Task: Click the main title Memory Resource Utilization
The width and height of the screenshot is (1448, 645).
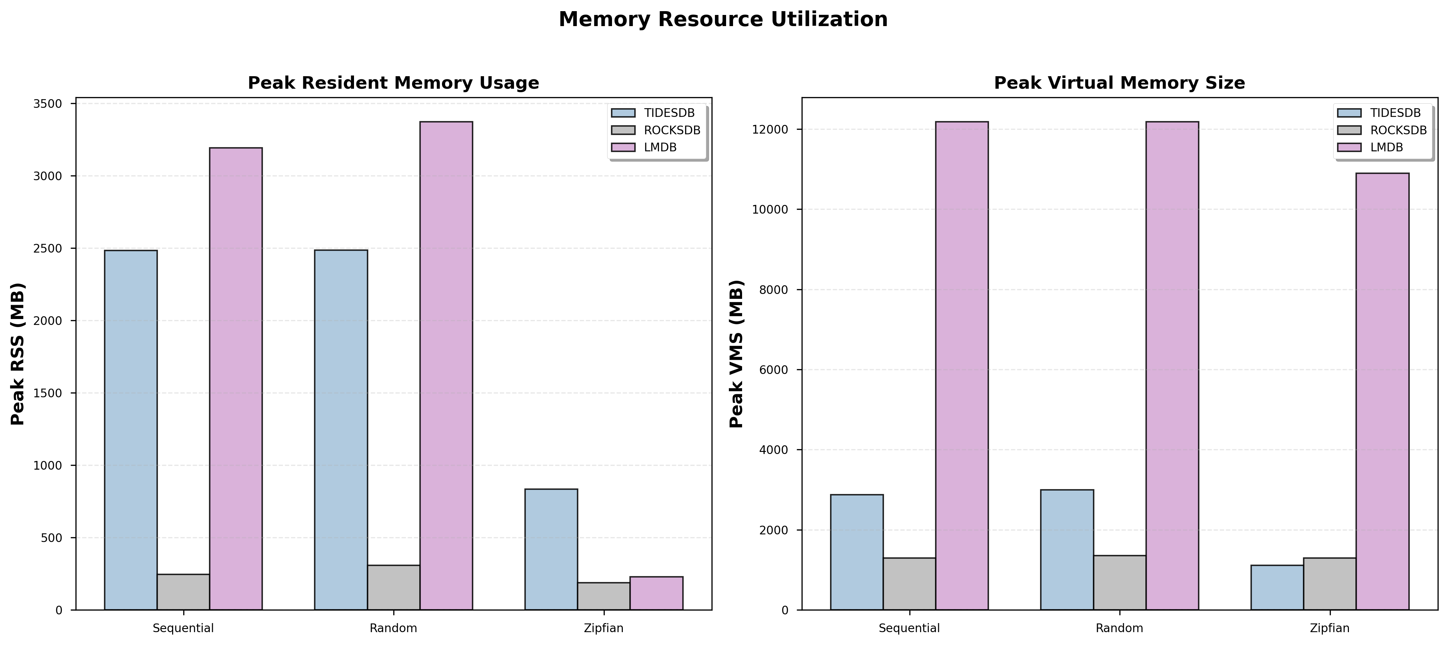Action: pos(723,20)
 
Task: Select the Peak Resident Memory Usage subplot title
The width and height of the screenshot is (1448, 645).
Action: pos(394,83)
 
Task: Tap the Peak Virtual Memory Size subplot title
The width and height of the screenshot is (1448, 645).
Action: pos(1119,83)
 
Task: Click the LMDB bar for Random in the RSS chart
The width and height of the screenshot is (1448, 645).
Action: pos(446,366)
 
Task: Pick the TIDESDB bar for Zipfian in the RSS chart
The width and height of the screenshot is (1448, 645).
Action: pos(551,549)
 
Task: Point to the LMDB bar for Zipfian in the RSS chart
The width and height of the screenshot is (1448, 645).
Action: pos(656,593)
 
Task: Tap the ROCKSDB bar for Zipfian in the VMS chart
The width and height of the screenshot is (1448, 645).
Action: pos(1329,584)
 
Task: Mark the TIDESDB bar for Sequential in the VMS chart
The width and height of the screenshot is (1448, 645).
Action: pos(856,552)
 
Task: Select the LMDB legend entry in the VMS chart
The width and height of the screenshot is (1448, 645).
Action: pos(1386,147)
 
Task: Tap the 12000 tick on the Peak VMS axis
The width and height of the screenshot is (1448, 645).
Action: pos(773,130)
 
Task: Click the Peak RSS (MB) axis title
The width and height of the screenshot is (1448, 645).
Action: pos(18,354)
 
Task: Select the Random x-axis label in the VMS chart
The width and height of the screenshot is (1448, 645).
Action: pos(1119,628)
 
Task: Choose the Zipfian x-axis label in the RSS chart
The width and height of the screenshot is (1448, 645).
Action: pos(604,628)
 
